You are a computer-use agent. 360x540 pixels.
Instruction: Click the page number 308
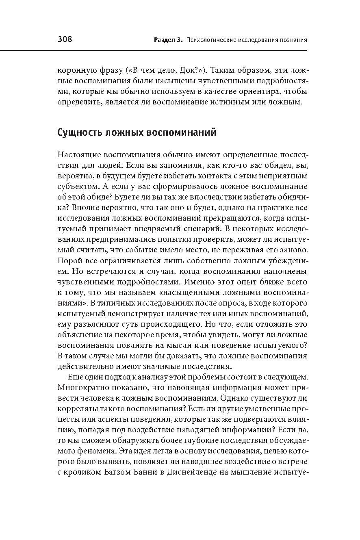[65, 39]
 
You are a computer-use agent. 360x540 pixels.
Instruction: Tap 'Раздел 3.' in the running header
[168, 40]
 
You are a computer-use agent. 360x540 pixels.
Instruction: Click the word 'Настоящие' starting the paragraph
[79, 155]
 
